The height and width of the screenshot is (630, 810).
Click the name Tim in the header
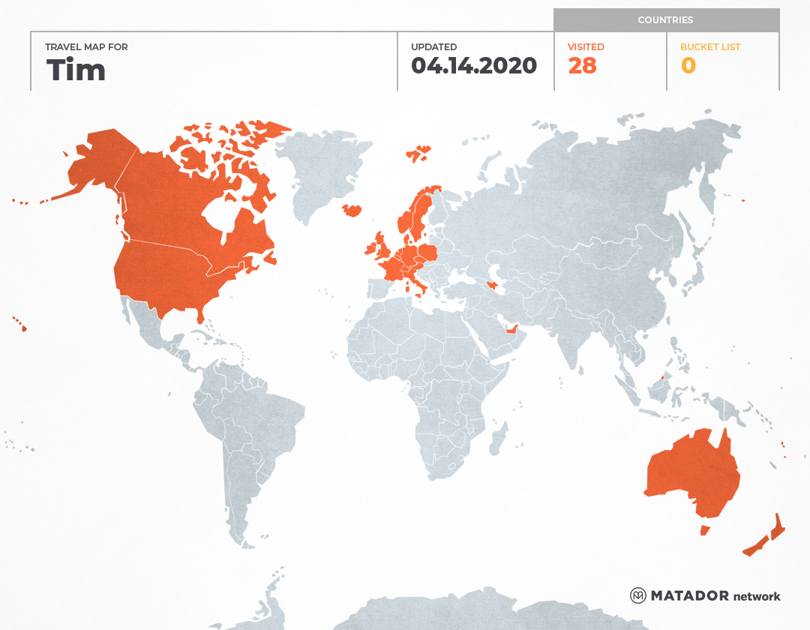click(x=76, y=70)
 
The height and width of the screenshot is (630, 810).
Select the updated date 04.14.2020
click(x=474, y=66)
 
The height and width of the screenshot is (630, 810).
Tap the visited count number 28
click(x=582, y=66)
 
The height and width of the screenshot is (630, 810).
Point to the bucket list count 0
click(x=688, y=66)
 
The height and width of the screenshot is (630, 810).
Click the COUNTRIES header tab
click(x=665, y=20)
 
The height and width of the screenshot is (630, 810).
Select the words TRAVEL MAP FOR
click(x=87, y=47)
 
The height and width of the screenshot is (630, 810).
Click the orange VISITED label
click(x=586, y=47)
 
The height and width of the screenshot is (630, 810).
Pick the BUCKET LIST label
click(x=709, y=47)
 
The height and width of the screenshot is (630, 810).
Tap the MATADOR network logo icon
click(x=638, y=595)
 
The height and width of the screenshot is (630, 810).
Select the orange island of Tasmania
click(x=704, y=530)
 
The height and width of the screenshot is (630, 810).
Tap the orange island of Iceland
click(x=352, y=210)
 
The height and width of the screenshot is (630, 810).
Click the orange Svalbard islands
click(x=418, y=154)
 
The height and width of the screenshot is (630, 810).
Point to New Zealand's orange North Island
click(x=778, y=528)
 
